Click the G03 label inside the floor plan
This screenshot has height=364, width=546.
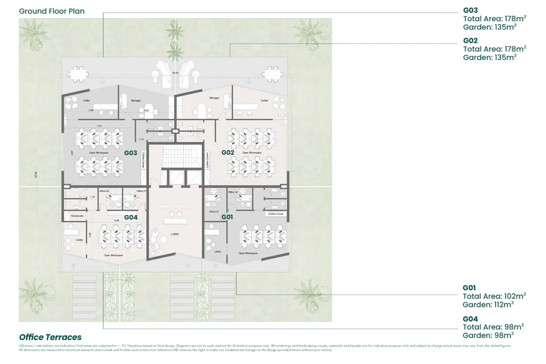[x=130, y=153]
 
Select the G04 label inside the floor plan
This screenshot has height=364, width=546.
[x=130, y=217]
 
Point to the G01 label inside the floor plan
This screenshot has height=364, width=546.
[x=227, y=217]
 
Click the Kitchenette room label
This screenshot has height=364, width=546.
[x=77, y=216]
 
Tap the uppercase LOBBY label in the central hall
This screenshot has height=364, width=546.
[x=175, y=234]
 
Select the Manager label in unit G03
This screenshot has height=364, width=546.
[x=136, y=100]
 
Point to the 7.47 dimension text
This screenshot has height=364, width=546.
[x=99, y=126]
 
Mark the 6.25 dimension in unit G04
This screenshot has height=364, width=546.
[x=117, y=220]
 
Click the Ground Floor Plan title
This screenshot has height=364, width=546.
[x=52, y=11]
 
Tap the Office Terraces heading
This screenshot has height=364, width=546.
[x=50, y=337]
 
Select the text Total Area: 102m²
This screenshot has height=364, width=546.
[x=494, y=296]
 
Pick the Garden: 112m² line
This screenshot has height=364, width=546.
[x=488, y=305]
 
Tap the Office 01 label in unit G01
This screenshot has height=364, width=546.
[x=214, y=212]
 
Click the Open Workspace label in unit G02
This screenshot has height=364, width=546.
[x=252, y=153]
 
